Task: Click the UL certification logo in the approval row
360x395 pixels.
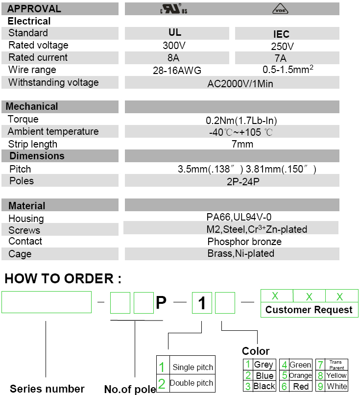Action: (174, 9)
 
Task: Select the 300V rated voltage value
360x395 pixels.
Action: (174, 46)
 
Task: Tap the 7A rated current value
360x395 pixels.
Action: (281, 58)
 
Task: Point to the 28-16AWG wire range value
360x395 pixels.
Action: (177, 71)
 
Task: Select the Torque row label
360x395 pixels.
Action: (23, 120)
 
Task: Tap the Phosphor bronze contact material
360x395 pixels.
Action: (244, 242)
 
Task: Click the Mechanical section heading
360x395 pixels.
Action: (32, 106)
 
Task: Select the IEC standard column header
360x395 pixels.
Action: (281, 34)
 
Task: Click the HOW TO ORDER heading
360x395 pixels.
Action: (63, 279)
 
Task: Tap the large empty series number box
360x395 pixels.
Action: (47, 302)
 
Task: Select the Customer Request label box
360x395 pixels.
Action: (309, 310)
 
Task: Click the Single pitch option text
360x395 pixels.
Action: (192, 368)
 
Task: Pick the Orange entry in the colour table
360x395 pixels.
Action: (300, 375)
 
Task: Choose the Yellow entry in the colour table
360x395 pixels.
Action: (336, 375)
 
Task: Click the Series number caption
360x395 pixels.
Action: (47, 389)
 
